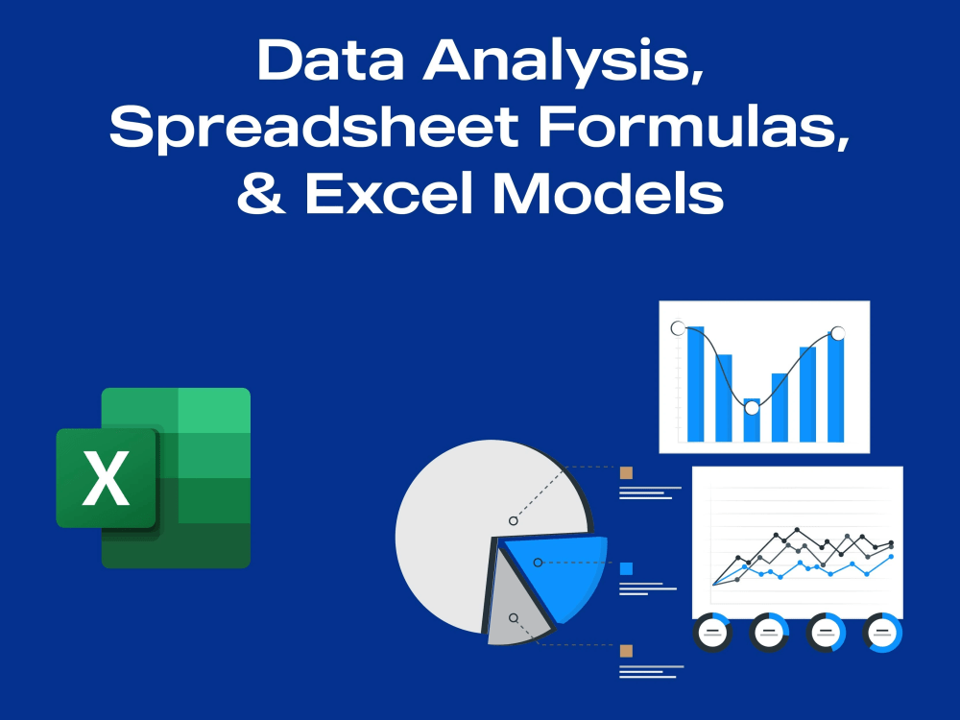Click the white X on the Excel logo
click(x=106, y=478)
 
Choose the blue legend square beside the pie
click(x=626, y=568)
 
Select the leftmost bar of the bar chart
click(x=695, y=384)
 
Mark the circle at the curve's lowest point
click(x=752, y=407)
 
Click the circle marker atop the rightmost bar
click(x=837, y=333)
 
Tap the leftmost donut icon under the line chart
click(x=712, y=632)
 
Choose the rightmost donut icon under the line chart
click(x=883, y=632)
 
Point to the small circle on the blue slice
click(x=538, y=562)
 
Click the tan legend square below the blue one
click(x=626, y=651)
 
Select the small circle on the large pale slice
click(x=514, y=520)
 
